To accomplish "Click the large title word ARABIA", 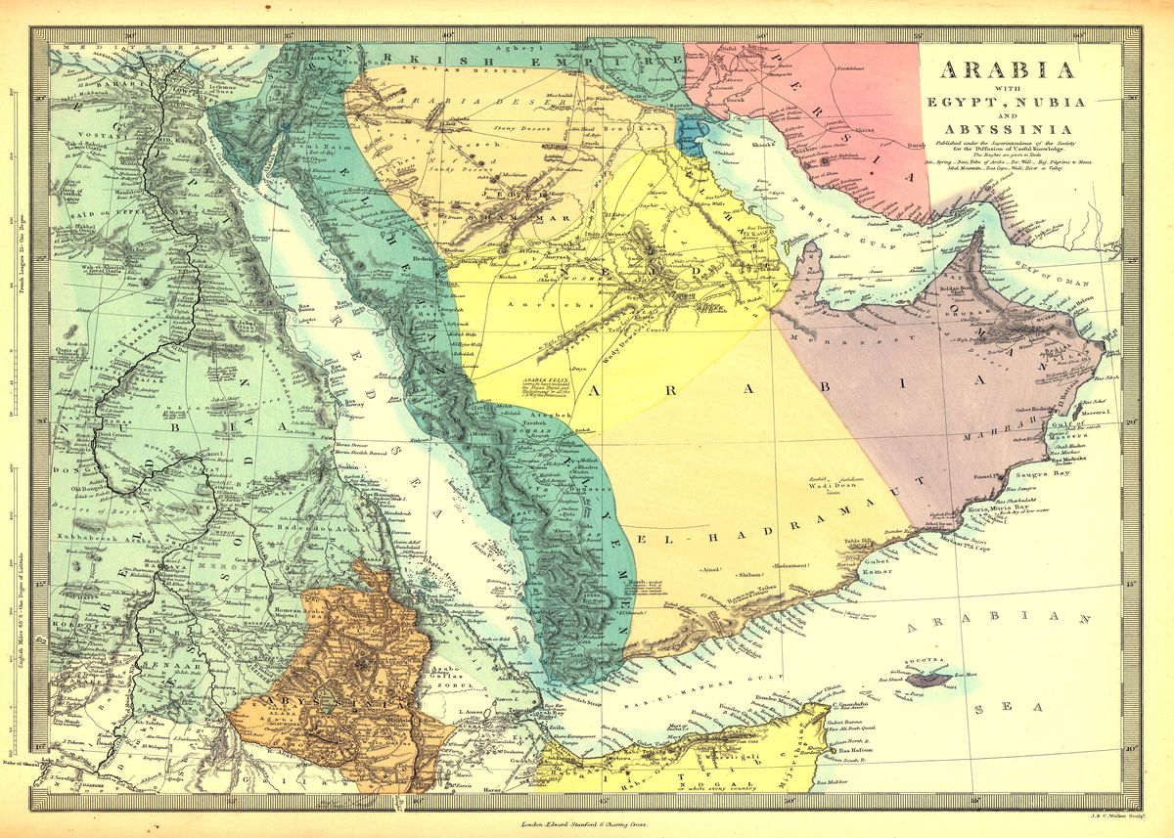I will coord(1007,70).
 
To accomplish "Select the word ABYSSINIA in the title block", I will coord(1007,129).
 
